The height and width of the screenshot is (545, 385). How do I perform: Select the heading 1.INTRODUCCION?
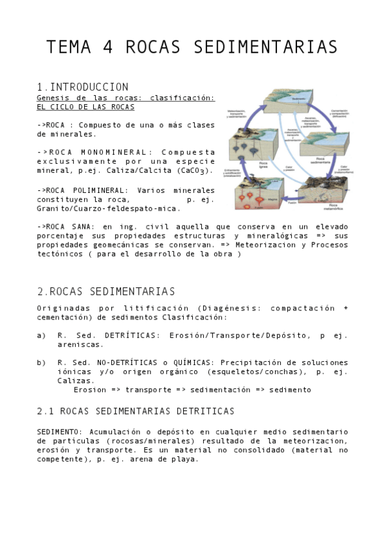pyautogui.click(x=83, y=87)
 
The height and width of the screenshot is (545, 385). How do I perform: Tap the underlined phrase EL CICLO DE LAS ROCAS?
pyautogui.click(x=85, y=107)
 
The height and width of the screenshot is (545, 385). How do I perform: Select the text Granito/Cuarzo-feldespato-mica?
pyautogui.click(x=109, y=208)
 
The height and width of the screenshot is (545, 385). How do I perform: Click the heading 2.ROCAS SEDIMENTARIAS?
pyautogui.click(x=106, y=292)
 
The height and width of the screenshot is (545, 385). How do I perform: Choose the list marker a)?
pyautogui.click(x=42, y=335)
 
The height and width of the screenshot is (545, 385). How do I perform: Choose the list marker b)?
pyautogui.click(x=42, y=362)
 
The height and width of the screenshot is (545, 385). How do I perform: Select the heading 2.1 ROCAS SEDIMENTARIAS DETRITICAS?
pyautogui.click(x=136, y=411)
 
